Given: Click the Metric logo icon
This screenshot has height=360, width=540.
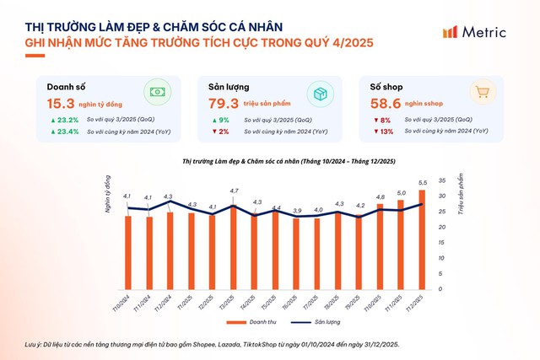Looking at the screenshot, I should (x=451, y=32).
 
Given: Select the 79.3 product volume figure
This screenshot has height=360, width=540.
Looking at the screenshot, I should (x=224, y=104).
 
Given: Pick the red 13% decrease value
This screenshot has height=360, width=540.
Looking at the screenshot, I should (x=385, y=132).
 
